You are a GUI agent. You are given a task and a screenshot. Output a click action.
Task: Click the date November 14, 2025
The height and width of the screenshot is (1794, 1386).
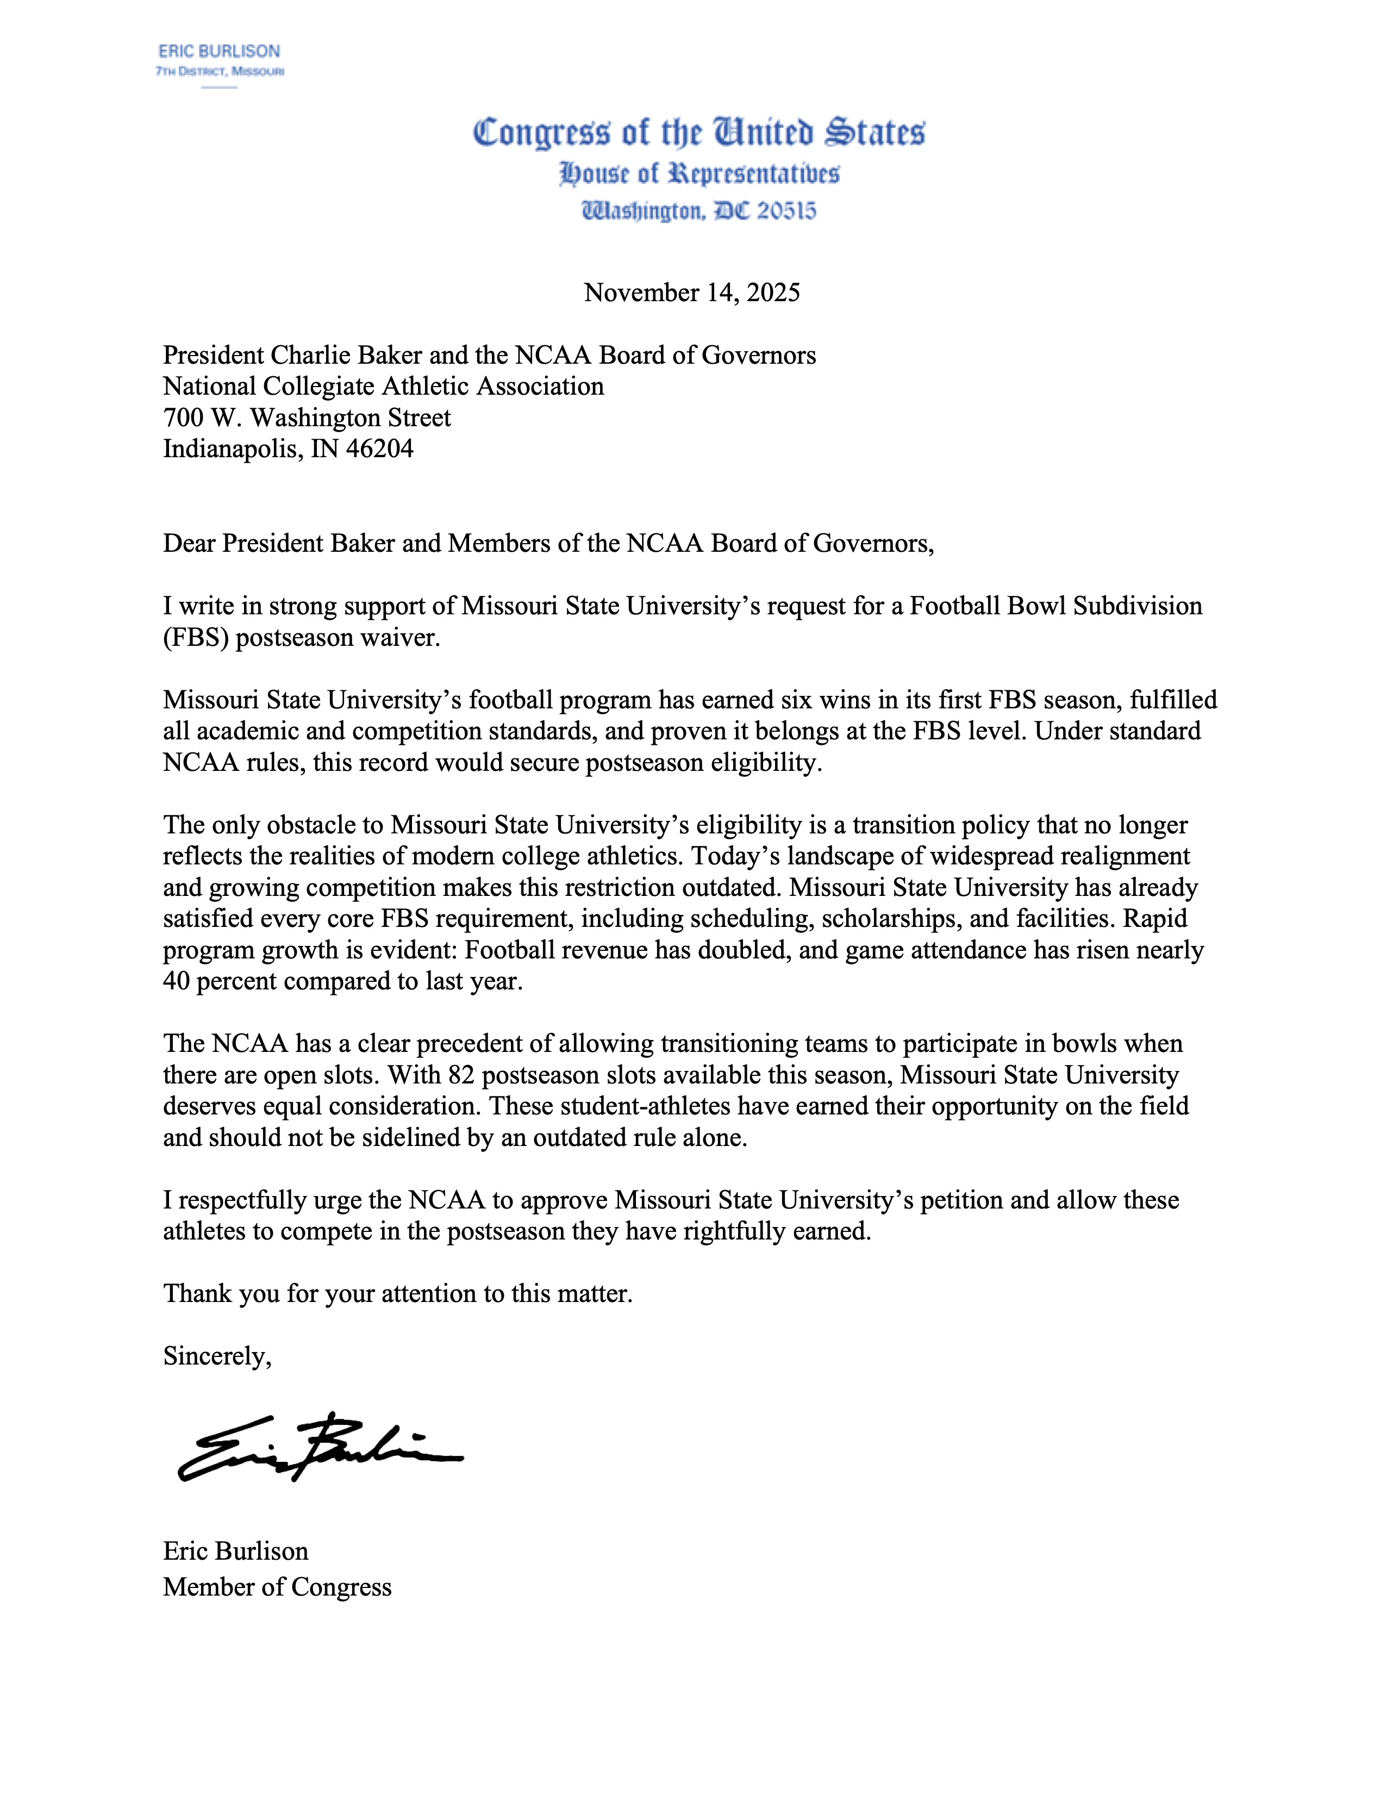(x=691, y=292)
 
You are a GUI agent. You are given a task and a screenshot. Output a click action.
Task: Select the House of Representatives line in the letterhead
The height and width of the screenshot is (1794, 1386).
(x=699, y=174)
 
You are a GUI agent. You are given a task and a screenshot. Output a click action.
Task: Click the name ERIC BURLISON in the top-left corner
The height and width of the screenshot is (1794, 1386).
(x=219, y=51)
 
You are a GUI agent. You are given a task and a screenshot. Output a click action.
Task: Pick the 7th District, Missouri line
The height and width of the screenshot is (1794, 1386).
(x=219, y=71)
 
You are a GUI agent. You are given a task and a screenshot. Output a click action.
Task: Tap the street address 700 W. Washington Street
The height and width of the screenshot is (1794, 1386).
(x=307, y=418)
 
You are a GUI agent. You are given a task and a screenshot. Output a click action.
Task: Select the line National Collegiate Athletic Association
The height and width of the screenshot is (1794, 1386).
(x=383, y=386)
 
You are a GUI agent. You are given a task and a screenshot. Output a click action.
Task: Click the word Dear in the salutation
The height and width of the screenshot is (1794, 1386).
(x=190, y=543)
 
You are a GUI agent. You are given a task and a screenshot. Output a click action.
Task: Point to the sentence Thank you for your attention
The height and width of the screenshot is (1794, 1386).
(x=397, y=1294)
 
